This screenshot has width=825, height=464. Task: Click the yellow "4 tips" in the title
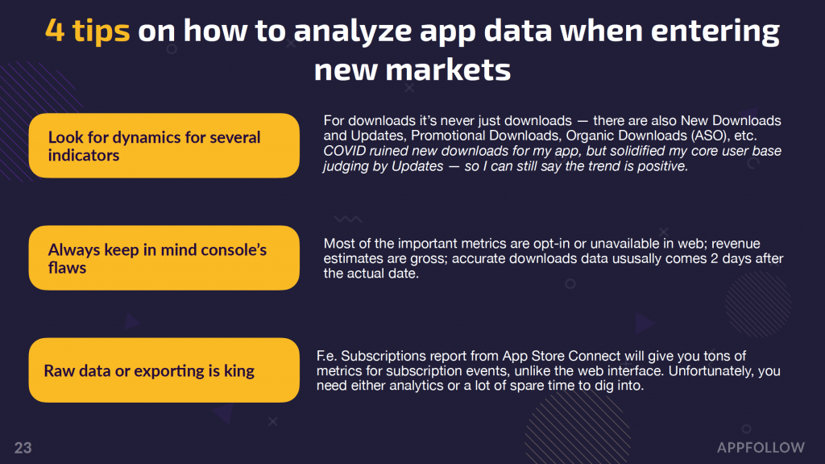[x=87, y=31]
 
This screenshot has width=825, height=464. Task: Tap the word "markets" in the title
[x=448, y=69]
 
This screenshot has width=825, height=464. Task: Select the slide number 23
[x=23, y=448]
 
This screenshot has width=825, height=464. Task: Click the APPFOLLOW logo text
[x=761, y=448]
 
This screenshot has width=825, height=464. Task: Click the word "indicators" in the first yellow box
[x=84, y=156]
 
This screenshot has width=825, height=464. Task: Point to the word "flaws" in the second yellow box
[x=68, y=268]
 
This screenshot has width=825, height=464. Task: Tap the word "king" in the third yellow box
[x=239, y=371]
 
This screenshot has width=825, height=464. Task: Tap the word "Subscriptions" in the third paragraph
[x=383, y=356]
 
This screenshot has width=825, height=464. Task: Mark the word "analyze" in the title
[x=354, y=31]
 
